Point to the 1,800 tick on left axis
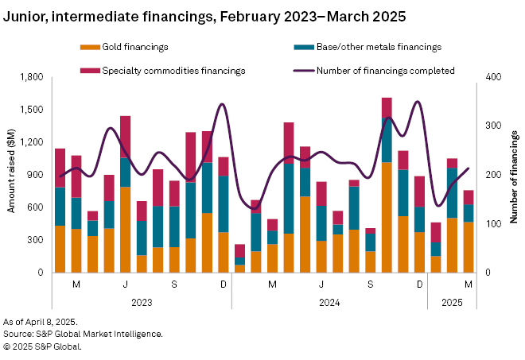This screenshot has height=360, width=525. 30,77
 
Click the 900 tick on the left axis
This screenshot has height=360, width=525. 34,175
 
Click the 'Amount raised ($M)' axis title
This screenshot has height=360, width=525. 11,174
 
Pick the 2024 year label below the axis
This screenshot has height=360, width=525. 329,302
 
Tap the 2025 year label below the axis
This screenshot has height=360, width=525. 452,302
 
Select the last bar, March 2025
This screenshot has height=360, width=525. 469,231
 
